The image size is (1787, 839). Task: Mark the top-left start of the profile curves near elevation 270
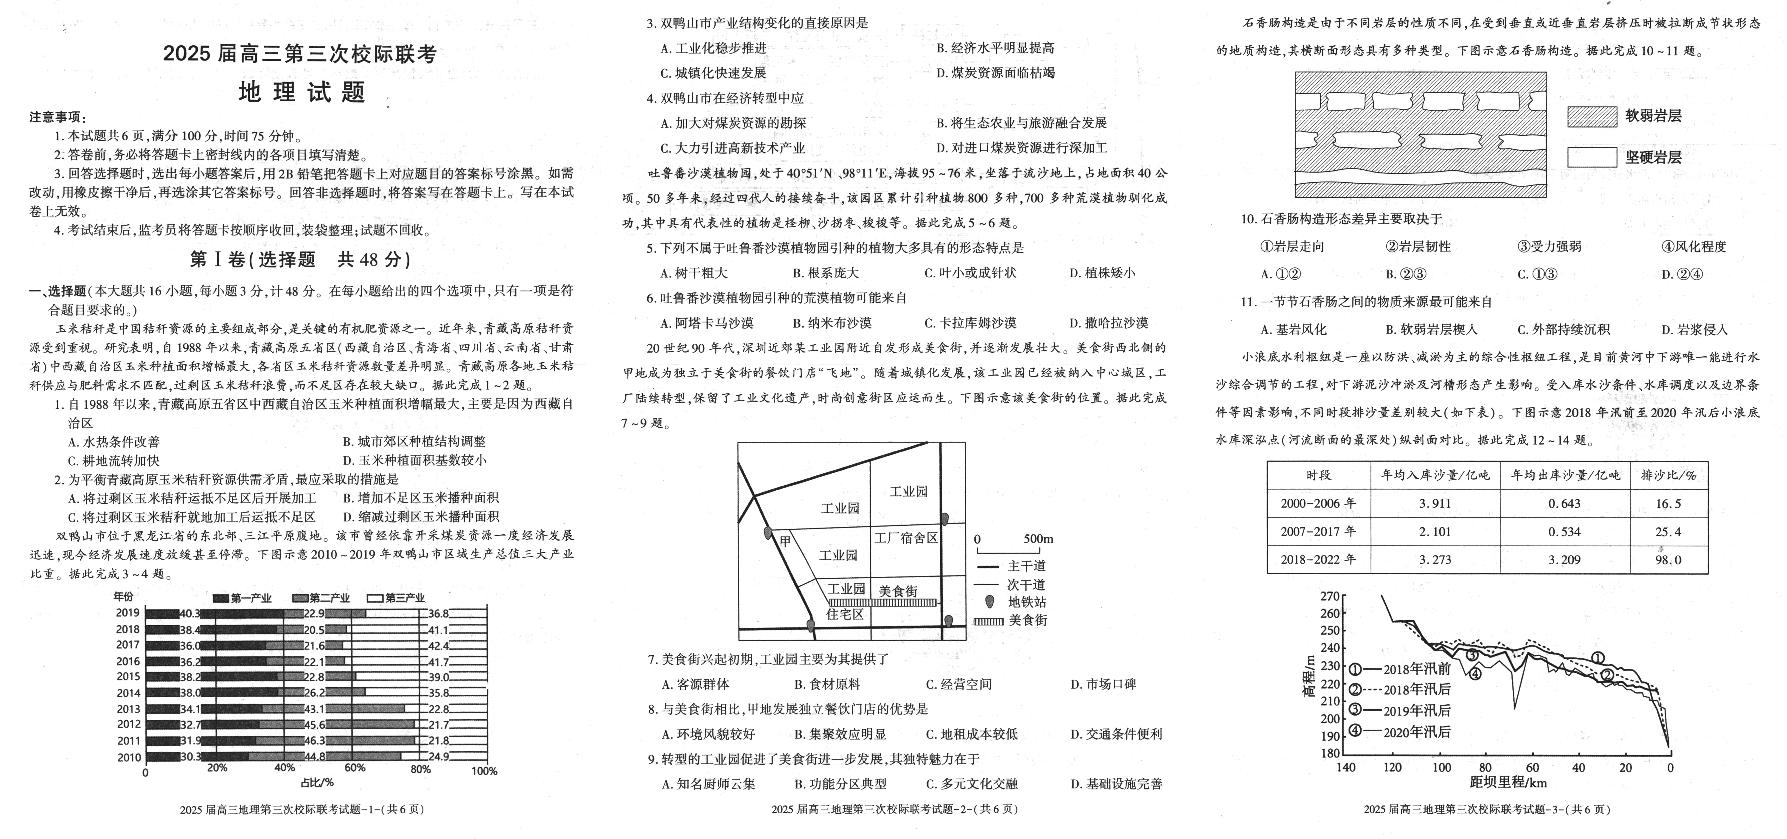point(1382,595)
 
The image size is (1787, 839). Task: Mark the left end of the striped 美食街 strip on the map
point(830,602)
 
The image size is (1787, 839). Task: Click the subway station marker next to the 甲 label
point(767,533)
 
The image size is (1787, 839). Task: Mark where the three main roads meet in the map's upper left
point(754,495)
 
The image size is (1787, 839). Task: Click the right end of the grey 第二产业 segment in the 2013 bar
point(405,708)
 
